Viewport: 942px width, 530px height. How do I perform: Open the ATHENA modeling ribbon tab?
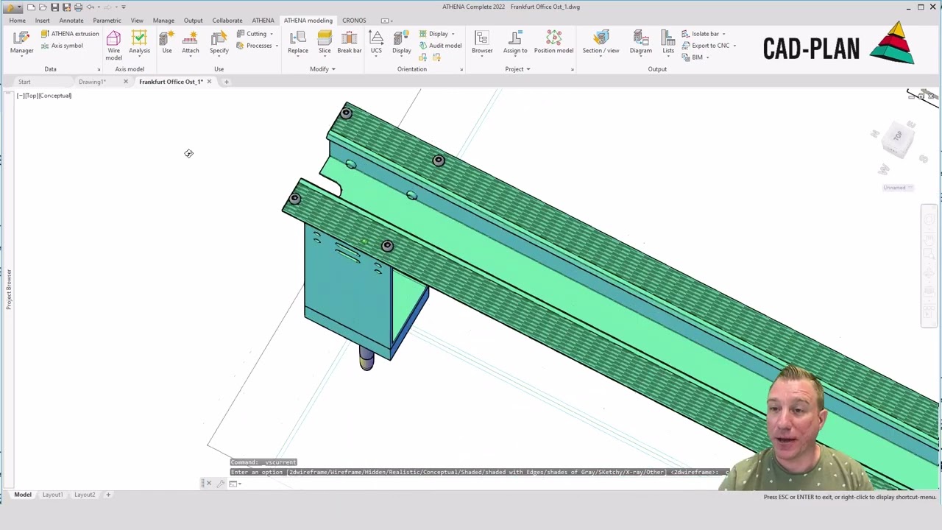point(308,20)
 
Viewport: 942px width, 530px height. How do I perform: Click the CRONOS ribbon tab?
point(354,20)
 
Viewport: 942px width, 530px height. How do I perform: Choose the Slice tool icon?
point(325,42)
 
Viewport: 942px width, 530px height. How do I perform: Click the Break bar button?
point(350,42)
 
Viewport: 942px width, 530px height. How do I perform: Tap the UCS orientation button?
point(376,42)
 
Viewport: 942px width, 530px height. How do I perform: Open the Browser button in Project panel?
point(482,42)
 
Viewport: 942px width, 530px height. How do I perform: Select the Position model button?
point(553,42)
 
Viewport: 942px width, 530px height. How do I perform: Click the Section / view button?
point(601,42)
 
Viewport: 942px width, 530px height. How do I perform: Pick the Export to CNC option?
point(709,46)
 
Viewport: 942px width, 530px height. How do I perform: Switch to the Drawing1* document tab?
point(92,82)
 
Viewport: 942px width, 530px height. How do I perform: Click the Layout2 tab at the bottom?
point(84,495)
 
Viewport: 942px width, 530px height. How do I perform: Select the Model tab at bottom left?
point(23,495)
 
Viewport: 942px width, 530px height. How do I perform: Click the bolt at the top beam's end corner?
point(346,113)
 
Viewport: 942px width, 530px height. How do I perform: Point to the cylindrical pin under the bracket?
point(366,358)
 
